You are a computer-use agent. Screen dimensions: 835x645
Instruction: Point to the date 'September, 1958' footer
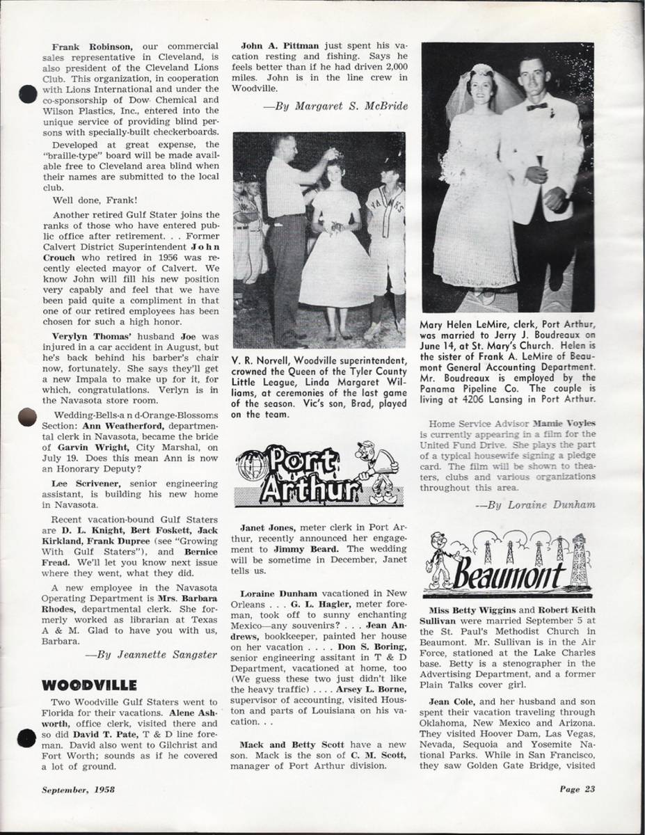click(x=77, y=789)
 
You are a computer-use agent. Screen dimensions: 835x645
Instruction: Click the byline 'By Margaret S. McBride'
click(x=335, y=106)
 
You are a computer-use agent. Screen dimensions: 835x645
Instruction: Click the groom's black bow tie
click(x=536, y=106)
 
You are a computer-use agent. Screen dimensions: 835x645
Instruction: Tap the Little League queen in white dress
click(x=335, y=244)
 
